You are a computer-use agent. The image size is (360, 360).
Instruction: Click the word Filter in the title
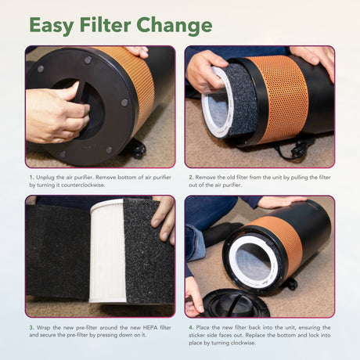[105, 25]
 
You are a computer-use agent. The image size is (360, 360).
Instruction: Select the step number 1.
[31, 178]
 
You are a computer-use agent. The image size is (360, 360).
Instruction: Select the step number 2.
[191, 178]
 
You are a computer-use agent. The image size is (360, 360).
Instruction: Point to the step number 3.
[31, 328]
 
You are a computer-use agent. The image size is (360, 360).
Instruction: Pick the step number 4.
[191, 328]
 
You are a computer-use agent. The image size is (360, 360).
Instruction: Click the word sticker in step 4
[197, 335]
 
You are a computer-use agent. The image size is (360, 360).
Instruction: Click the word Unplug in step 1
[45, 178]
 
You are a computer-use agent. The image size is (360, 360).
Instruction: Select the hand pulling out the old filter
[206, 70]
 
